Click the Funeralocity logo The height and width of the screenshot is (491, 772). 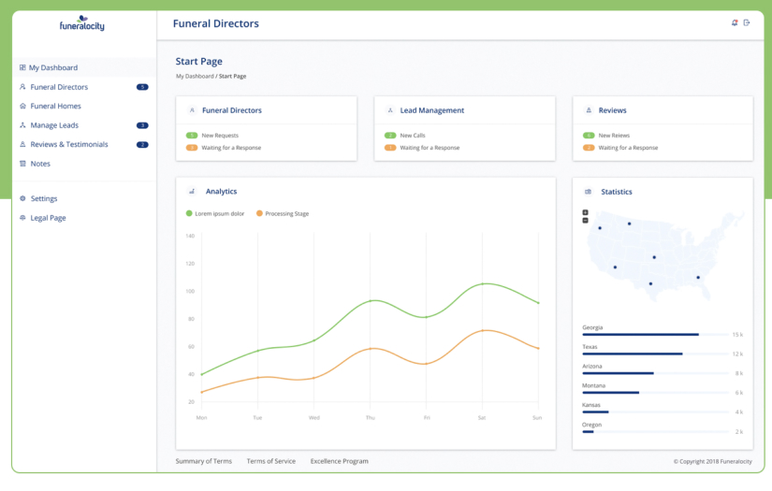[83, 23]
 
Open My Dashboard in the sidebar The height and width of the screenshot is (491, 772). [52, 67]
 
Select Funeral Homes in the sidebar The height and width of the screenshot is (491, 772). [55, 106]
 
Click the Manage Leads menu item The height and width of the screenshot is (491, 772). [54, 125]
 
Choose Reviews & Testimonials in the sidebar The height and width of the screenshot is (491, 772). [68, 144]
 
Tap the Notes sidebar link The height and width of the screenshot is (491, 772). [40, 164]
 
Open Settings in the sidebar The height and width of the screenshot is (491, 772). [44, 198]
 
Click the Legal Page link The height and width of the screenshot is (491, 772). [48, 218]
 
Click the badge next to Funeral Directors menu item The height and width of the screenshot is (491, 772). [142, 87]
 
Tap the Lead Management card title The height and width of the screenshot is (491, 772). [431, 110]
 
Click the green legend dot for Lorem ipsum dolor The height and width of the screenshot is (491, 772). [189, 213]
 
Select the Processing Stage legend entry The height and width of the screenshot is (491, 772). [286, 213]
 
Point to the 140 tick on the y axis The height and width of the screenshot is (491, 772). [190, 236]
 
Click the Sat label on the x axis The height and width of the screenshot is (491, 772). [481, 417]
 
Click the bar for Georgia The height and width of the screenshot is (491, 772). [640, 334]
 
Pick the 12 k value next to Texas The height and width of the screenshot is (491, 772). [737, 354]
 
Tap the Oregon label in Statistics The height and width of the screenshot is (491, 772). [592, 425]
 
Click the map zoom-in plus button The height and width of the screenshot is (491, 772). [586, 212]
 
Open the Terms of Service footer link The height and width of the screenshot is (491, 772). [270, 461]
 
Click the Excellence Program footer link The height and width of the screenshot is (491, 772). [339, 461]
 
